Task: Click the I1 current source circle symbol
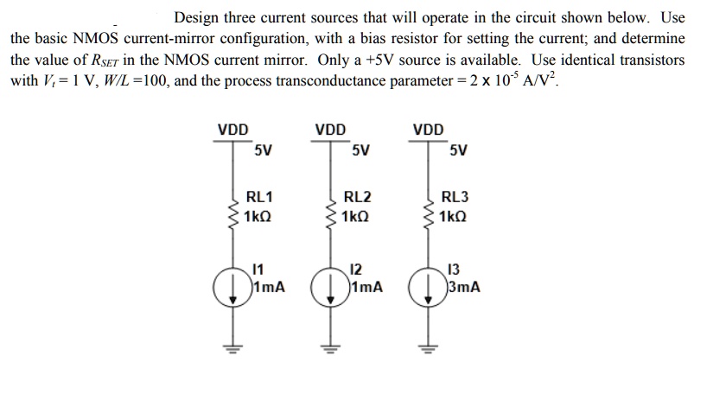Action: click(x=232, y=285)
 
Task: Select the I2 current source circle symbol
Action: click(x=328, y=285)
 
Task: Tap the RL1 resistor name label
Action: click(x=260, y=196)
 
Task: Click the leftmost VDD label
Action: click(x=232, y=130)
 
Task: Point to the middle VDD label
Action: click(x=329, y=130)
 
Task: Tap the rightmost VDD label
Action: click(x=427, y=130)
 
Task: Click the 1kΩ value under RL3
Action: click(x=455, y=215)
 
